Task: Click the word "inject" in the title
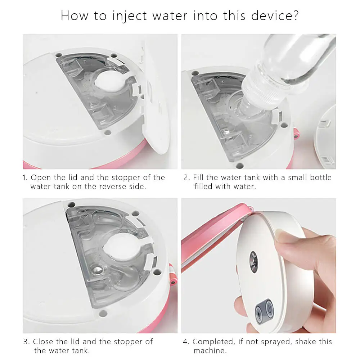(130, 16)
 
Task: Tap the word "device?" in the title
(275, 15)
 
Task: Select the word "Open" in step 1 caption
(41, 178)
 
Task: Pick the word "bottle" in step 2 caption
(321, 177)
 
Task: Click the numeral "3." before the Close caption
(27, 342)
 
